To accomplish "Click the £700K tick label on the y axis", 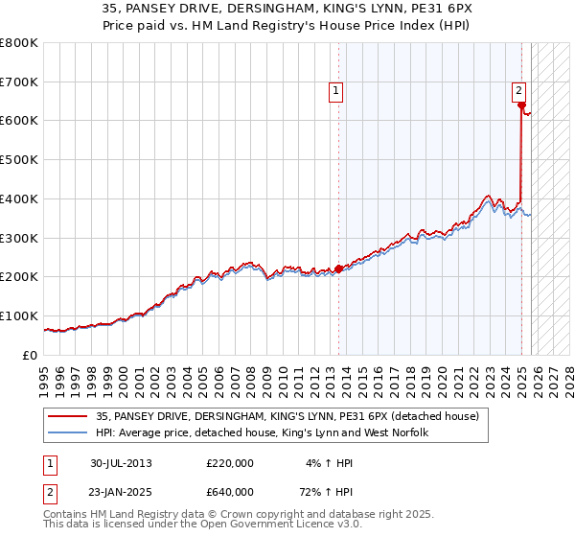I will (x=19, y=82).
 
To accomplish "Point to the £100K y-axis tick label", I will (x=19, y=315).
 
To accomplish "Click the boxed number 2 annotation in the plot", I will (x=518, y=91).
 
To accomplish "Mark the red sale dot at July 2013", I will (x=339, y=268).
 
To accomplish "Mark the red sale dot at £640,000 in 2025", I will (x=521, y=106).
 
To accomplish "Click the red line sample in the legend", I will (x=69, y=416).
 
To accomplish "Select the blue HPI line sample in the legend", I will (x=69, y=433).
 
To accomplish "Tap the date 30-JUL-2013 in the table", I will (x=121, y=463).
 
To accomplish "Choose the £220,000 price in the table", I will (x=230, y=463).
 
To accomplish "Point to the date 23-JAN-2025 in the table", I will (x=121, y=492).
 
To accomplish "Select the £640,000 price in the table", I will (x=230, y=492).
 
